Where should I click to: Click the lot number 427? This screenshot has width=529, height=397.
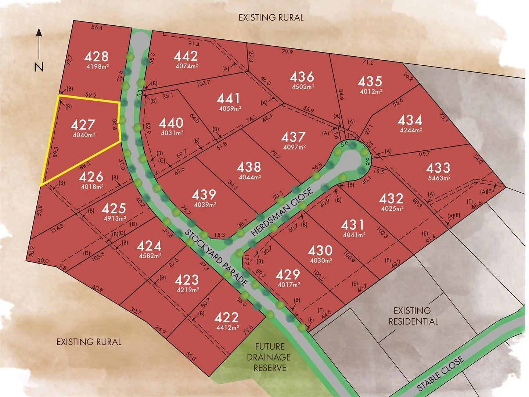[83, 125]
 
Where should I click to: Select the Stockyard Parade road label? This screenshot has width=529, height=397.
[216, 258]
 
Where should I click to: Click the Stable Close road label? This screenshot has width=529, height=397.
[440, 374]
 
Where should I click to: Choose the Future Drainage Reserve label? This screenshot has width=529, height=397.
[270, 357]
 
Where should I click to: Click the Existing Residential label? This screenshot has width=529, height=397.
[413, 316]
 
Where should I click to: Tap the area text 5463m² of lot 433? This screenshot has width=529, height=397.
[439, 178]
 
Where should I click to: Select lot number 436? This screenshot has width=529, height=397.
[302, 77]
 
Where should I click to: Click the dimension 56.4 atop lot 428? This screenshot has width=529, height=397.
[97, 28]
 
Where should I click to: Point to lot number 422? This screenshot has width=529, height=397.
[226, 317]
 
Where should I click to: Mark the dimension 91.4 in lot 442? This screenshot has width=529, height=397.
[194, 44]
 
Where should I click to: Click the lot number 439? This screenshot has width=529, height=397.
[204, 194]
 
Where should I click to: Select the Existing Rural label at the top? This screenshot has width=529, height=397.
[271, 18]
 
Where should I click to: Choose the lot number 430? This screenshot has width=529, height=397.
[320, 251]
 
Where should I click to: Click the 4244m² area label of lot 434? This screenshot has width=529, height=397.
[411, 130]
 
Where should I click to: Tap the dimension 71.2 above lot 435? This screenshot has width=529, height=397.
[368, 62]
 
